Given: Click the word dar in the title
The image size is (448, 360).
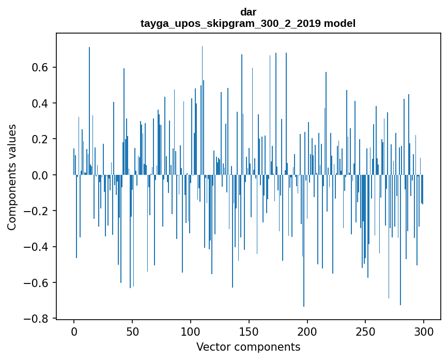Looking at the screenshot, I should click(248, 12).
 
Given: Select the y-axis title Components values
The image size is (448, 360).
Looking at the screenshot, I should click(12, 177).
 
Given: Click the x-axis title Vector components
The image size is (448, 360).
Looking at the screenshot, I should click(248, 347).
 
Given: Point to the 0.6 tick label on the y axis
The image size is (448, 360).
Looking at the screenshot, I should click(41, 68).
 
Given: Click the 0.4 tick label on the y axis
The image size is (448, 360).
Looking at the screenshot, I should click(41, 103).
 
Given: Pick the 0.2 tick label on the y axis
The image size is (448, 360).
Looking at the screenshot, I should click(41, 139).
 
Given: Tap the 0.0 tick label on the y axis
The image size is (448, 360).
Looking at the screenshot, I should click(41, 175).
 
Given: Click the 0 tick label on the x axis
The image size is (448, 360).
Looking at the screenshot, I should click(74, 331).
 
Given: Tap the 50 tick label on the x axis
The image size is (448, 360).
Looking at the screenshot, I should click(132, 331).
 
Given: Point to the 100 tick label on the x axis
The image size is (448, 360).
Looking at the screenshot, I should click(191, 331).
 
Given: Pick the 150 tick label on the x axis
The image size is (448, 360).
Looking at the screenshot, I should click(249, 331).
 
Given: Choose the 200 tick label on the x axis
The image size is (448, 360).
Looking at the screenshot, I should click(307, 331).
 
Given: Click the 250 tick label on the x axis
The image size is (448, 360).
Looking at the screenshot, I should click(366, 331).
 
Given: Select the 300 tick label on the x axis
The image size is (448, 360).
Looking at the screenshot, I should click(424, 331).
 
